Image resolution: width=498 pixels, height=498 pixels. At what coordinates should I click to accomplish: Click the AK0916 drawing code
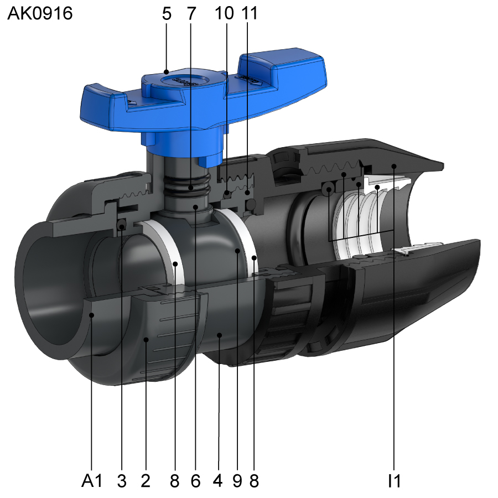pos(40,13)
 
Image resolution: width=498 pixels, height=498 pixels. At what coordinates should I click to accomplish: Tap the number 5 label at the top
pos(167,14)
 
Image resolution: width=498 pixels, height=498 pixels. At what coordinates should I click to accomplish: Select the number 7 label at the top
pos(191,14)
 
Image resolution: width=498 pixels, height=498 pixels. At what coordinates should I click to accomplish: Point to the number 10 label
pos(224,14)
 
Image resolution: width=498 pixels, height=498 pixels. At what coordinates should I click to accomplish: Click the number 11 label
pos(250,14)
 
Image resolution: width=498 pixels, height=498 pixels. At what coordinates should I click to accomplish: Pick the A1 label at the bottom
pos(92,480)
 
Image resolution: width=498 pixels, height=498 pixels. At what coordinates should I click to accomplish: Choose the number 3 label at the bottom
pos(122,480)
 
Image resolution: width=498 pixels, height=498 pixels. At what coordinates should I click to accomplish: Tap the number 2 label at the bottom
pos(146,480)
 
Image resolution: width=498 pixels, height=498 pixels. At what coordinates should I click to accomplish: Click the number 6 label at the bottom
pos(196,480)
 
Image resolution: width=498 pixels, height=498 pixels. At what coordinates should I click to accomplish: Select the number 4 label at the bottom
pos(217,480)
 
